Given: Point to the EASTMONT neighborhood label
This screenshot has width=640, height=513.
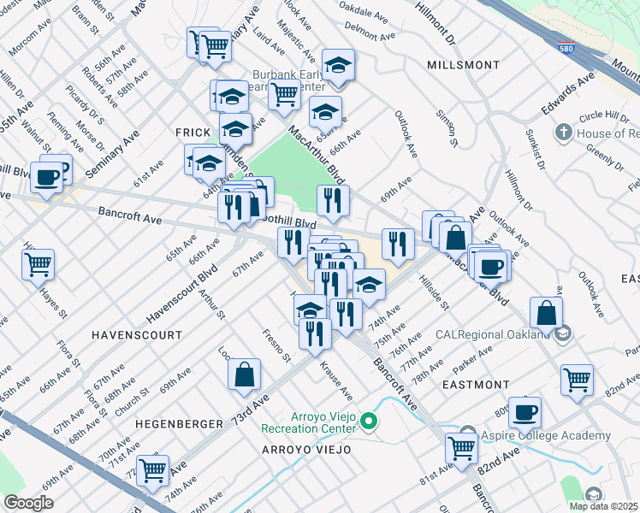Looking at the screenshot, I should point(477,386).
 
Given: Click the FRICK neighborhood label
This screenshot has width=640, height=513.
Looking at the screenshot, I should point(193,133).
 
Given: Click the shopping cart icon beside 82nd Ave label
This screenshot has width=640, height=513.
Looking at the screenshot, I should point(578,379).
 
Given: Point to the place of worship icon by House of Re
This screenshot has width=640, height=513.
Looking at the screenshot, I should point(563,133).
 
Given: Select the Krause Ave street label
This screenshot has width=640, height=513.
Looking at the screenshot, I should point(336,380).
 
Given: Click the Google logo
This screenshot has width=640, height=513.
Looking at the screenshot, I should point(28,503).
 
